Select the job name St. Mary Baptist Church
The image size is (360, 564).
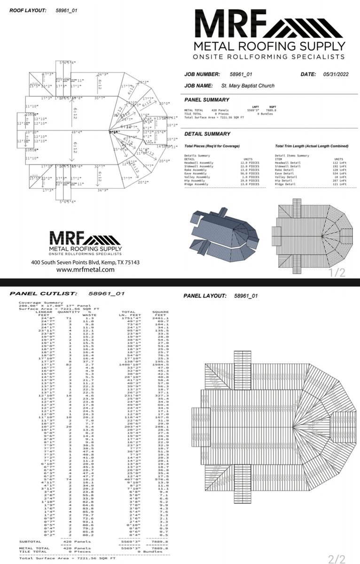point(248,86)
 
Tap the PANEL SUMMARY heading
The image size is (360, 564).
point(207,100)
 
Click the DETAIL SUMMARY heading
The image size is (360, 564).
point(207,134)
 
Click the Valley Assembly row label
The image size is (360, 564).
point(199,177)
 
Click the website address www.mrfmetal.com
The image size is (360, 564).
point(86,270)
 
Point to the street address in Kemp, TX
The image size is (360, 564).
point(86,262)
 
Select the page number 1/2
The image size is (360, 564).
point(337,273)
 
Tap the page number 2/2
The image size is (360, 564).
point(337,559)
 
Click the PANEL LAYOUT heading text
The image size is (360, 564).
point(205,296)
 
